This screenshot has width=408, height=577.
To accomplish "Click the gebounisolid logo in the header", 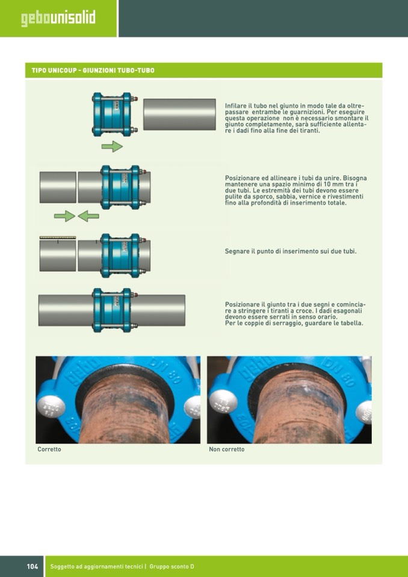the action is coord(58,19).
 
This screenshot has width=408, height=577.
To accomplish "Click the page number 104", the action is coord(32,566).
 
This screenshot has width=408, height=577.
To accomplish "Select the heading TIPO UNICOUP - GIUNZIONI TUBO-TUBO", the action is coord(93,70).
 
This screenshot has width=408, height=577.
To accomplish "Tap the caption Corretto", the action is coord(49,449).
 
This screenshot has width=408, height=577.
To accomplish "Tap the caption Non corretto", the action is coord(227,449).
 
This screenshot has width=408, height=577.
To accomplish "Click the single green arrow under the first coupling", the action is coord(112,146).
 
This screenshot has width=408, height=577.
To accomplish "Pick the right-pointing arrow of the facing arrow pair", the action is coord(65,216).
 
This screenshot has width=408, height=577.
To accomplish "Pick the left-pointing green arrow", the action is coord(88,216).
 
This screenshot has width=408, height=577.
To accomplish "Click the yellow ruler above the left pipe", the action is coord(58,238).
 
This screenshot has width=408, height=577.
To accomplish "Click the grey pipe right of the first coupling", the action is coord(179,114).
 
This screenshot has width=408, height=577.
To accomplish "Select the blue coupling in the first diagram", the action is coord(113,114).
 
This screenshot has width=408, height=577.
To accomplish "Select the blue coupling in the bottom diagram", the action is coord(113,310).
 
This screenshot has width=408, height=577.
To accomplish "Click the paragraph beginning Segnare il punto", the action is coord(291,251).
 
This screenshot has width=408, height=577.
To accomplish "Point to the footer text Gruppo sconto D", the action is coord(172,566).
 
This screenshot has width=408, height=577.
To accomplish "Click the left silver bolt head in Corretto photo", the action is coord(51,407).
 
